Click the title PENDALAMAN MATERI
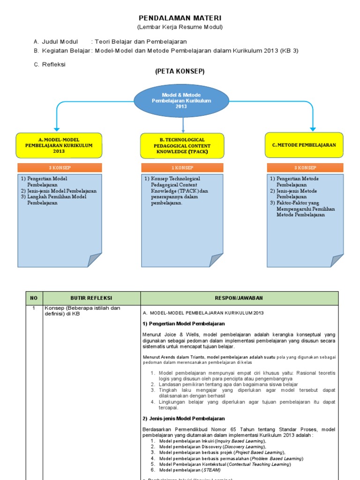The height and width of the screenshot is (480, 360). pos(180,18)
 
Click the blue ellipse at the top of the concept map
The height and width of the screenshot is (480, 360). pos(181,101)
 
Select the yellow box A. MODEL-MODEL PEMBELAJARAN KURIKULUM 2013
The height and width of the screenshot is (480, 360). pos(59,145)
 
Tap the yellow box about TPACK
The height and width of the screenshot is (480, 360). pos(182,145)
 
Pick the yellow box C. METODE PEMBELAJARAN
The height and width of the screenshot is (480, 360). pos(304,145)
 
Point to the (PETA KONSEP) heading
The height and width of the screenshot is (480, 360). pos(180,71)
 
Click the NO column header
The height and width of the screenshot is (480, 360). pos(33,298)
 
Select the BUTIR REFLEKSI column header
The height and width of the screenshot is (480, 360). pos(91,298)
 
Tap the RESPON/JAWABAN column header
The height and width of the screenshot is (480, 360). pos(239,298)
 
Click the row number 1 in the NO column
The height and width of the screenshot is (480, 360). pos(33,308)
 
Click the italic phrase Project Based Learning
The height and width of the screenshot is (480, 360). pos(260,452)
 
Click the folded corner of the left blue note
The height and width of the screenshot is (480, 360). pos(94,260)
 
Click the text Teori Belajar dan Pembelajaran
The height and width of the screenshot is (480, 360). pos(141,42)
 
